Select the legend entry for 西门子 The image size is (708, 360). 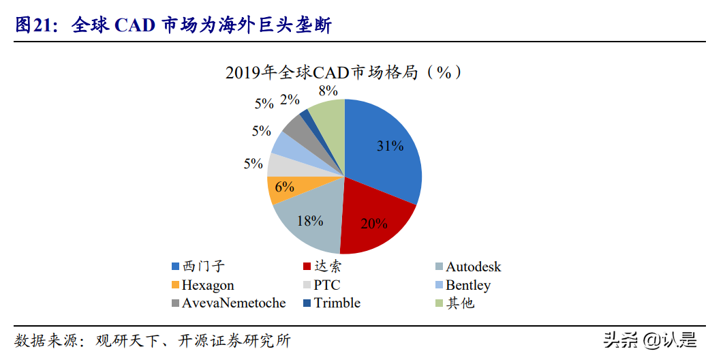[198, 267]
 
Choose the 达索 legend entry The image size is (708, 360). [325, 267]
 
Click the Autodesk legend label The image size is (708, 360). [473, 267]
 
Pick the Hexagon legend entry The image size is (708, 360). [207, 285]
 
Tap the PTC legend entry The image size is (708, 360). [326, 285]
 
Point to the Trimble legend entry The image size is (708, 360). [337, 303]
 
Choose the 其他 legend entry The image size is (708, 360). [459, 303]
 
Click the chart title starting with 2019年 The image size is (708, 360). [343, 72]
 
